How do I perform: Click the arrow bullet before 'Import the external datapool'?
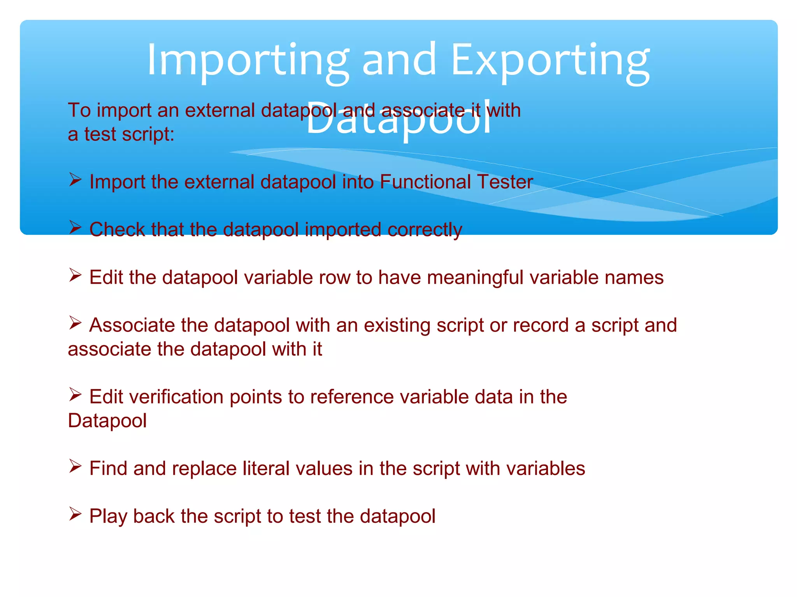(x=75, y=180)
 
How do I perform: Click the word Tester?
(x=505, y=182)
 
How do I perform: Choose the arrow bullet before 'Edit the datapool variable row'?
(x=75, y=275)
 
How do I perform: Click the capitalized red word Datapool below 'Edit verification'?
(x=107, y=421)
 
